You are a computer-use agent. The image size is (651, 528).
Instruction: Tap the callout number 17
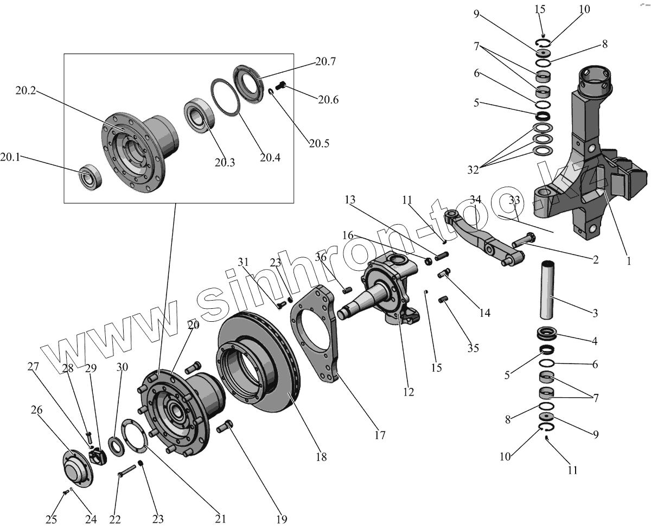pyautogui.click(x=380, y=434)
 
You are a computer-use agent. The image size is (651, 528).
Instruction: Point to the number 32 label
pyautogui.click(x=473, y=170)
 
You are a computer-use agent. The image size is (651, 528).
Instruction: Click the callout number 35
pyautogui.click(x=473, y=348)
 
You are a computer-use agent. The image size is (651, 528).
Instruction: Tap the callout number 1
pyautogui.click(x=629, y=261)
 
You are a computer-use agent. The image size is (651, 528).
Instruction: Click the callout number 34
pyautogui.click(x=476, y=200)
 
